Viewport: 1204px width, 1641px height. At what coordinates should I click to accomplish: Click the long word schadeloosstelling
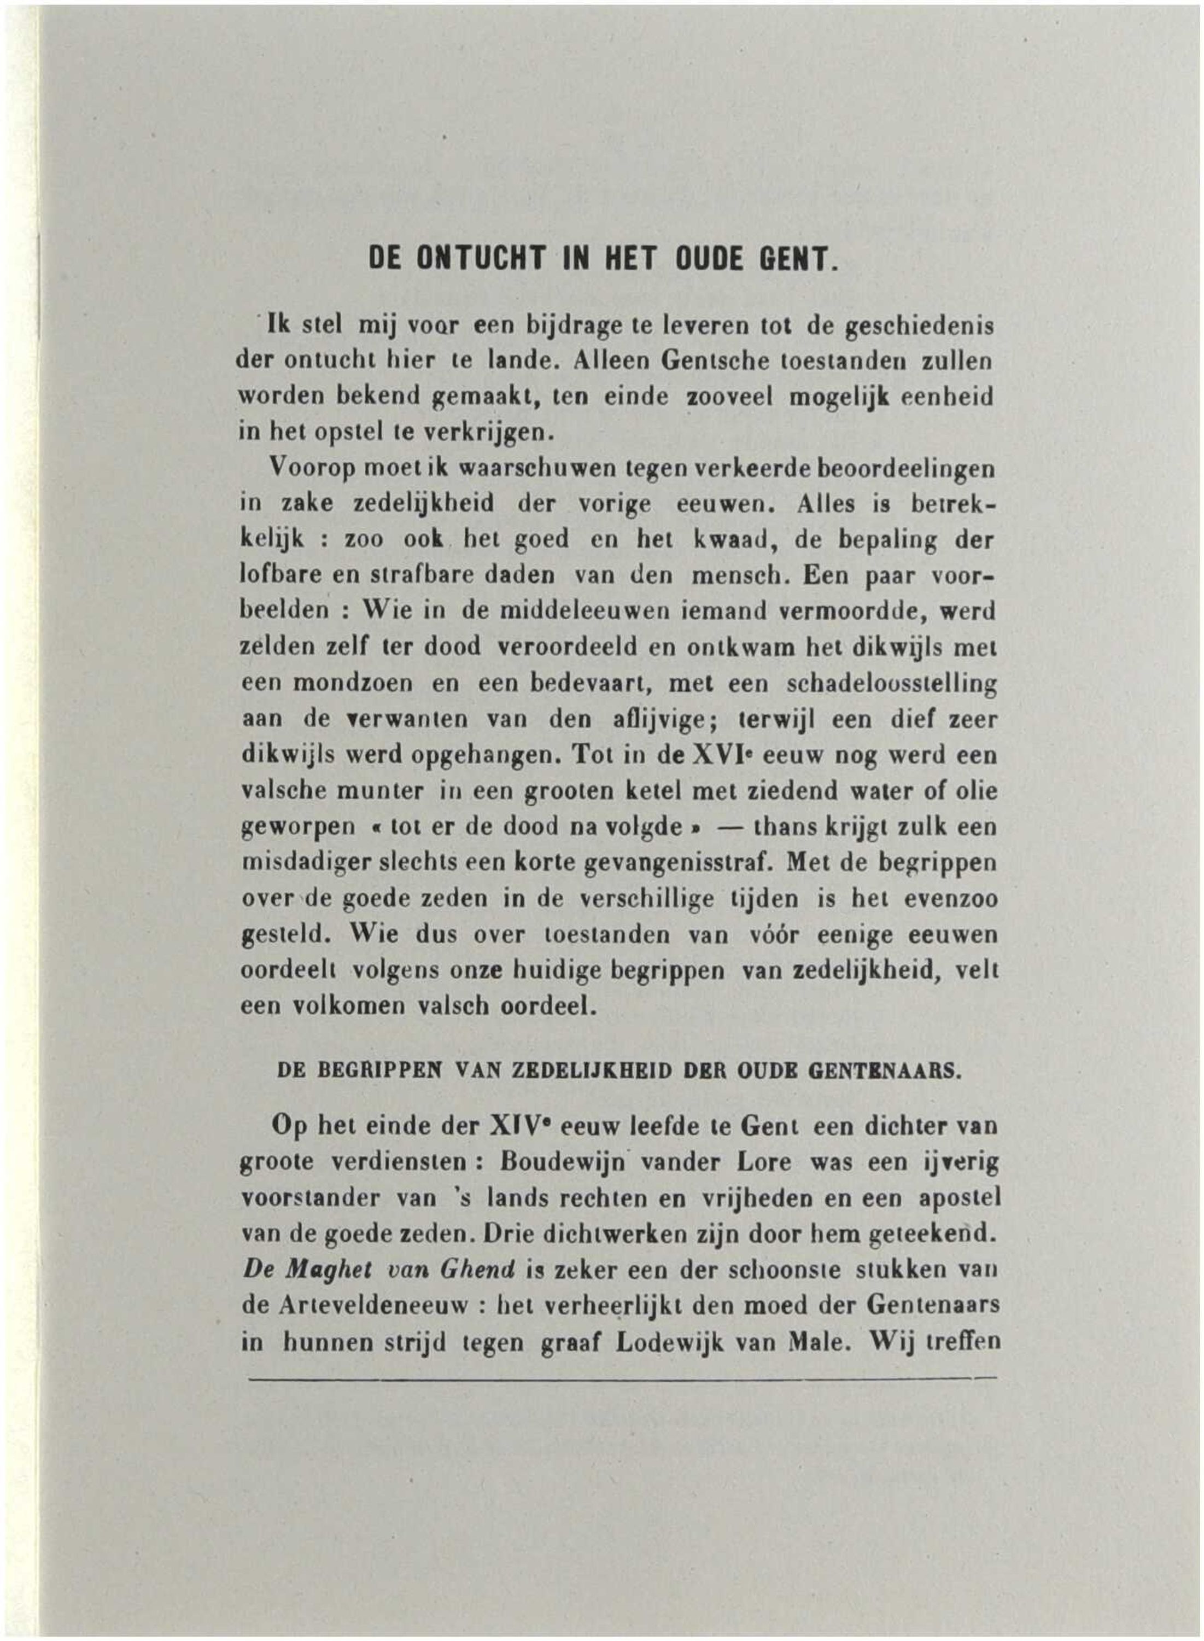point(882,684)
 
